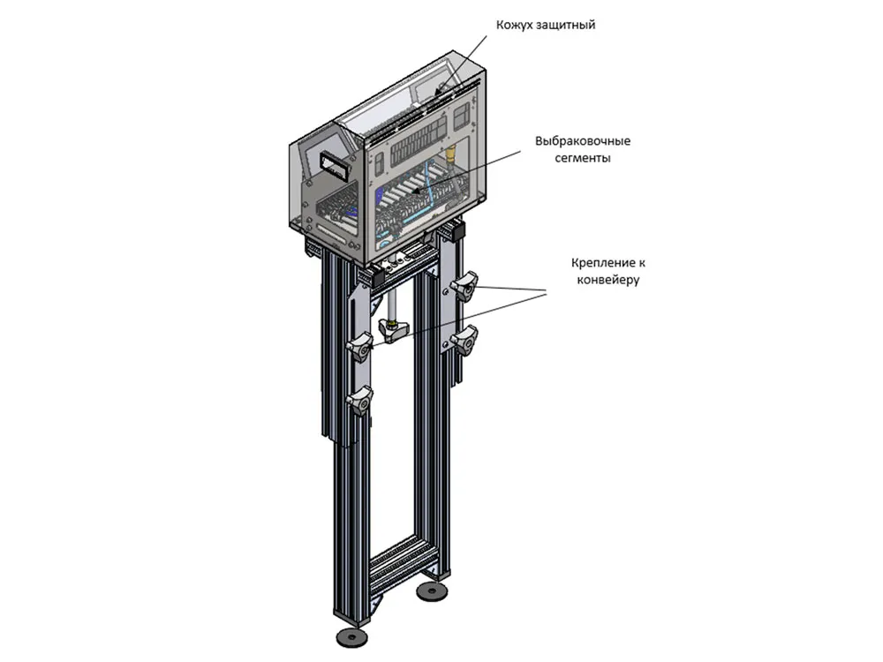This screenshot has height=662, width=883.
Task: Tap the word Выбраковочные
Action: [583, 141]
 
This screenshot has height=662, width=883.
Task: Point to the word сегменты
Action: [583, 158]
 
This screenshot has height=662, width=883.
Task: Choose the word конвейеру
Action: [608, 280]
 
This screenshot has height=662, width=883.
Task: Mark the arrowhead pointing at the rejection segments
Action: [415, 192]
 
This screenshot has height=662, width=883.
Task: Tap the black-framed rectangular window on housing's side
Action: [336, 165]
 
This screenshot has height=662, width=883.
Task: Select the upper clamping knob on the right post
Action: [464, 286]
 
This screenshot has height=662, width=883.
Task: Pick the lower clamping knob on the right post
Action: [464, 340]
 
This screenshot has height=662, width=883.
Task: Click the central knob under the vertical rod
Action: [394, 328]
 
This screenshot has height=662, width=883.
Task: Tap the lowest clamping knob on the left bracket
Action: [360, 400]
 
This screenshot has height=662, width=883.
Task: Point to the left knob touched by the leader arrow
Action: [360, 347]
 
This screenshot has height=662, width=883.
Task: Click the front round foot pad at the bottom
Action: [352, 636]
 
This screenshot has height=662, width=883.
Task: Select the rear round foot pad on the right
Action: [432, 591]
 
